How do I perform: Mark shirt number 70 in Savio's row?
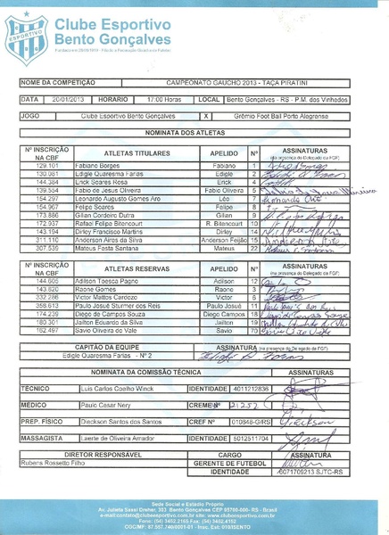tap(254, 329)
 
